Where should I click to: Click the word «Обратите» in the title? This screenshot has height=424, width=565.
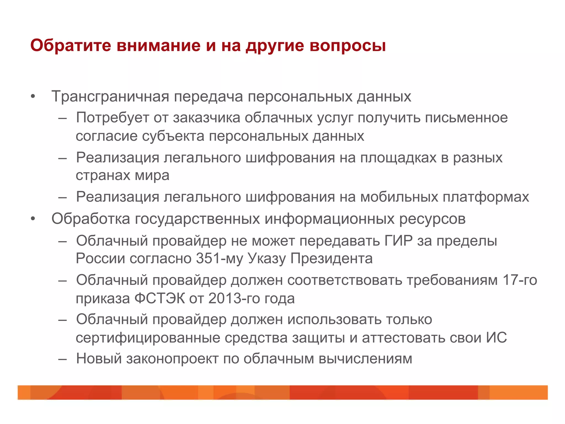pos(71,46)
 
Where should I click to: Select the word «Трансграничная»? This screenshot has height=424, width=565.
pos(110,97)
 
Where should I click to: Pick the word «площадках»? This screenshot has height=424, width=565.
pos(398,158)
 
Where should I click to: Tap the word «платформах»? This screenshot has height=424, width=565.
pos(486,197)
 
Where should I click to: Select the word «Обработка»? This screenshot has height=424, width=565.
pos(91,219)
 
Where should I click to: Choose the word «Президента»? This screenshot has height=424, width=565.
pos(331,259)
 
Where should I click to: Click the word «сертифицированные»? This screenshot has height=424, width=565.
pos(148,338)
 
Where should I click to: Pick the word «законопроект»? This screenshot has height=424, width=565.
pos(172,359)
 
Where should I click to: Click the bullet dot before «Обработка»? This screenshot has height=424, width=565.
pos(33,219)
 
